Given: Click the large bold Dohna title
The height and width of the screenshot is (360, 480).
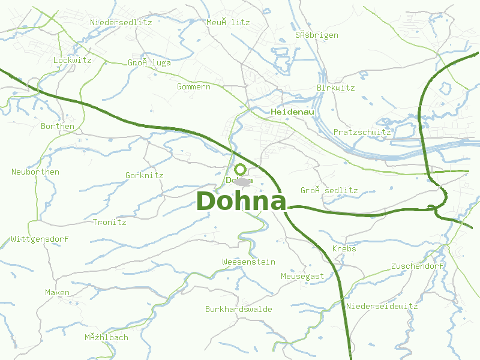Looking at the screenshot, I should (241, 202).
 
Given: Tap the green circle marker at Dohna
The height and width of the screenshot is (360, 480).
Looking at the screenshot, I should (241, 170).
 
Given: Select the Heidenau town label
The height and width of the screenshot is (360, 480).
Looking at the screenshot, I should (293, 112).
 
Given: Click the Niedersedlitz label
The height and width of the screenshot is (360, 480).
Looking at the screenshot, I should (121, 22).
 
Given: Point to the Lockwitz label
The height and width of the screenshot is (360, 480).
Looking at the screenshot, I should (72, 60).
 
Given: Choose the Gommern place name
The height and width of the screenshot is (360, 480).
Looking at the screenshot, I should (194, 87).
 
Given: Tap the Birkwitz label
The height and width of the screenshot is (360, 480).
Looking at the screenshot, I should (335, 88).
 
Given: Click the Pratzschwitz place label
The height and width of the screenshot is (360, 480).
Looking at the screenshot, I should (362, 132).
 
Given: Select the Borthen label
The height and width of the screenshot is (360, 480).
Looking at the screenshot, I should (58, 126).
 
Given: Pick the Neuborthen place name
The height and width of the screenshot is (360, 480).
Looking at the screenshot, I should (35, 172).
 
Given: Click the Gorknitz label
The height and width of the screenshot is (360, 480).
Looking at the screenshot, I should (144, 176).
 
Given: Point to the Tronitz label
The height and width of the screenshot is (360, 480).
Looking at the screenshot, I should (110, 222).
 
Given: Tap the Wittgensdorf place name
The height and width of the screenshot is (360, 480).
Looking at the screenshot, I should (40, 239).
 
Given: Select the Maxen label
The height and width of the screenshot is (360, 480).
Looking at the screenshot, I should (57, 292).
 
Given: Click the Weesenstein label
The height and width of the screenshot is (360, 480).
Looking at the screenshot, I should (248, 262).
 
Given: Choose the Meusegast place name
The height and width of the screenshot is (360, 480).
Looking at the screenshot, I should (302, 276).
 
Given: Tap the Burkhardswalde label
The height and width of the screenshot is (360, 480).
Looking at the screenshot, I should (238, 310).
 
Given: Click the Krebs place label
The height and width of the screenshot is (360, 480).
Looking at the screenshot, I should (344, 248).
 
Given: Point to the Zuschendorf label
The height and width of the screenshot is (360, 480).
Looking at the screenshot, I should (417, 266).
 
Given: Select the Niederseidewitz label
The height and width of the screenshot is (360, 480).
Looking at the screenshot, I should (382, 306).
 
